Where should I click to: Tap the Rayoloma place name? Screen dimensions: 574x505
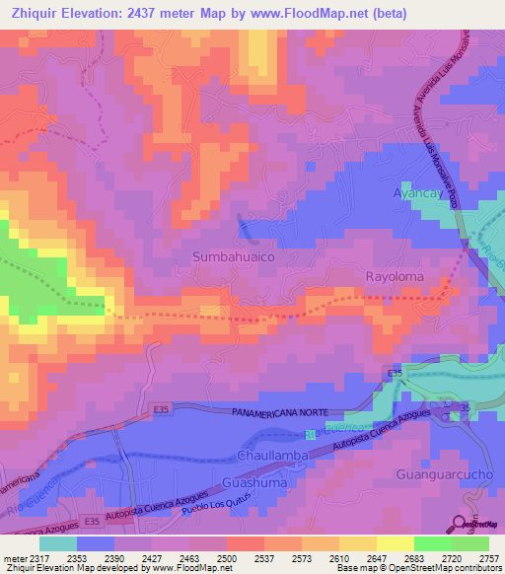[395, 277]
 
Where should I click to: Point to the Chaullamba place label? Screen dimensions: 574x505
[273, 457]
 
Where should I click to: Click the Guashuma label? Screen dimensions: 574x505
[254, 482]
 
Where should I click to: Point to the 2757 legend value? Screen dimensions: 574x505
[488, 557]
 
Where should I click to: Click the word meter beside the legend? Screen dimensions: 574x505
[15, 557]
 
